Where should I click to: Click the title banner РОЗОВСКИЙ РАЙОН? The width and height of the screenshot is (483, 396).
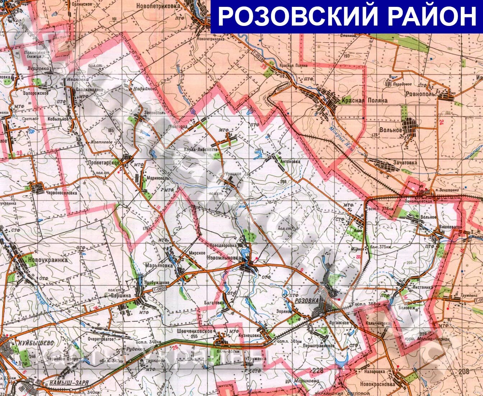(x=347, y=16)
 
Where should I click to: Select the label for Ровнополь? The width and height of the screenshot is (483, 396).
(x=420, y=94)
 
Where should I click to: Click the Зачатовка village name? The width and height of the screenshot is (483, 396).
(x=405, y=163)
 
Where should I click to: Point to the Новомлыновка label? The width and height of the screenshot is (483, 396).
(x=224, y=258)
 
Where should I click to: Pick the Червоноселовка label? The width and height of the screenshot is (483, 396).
(x=61, y=193)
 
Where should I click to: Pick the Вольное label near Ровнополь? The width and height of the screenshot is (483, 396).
(x=390, y=130)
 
